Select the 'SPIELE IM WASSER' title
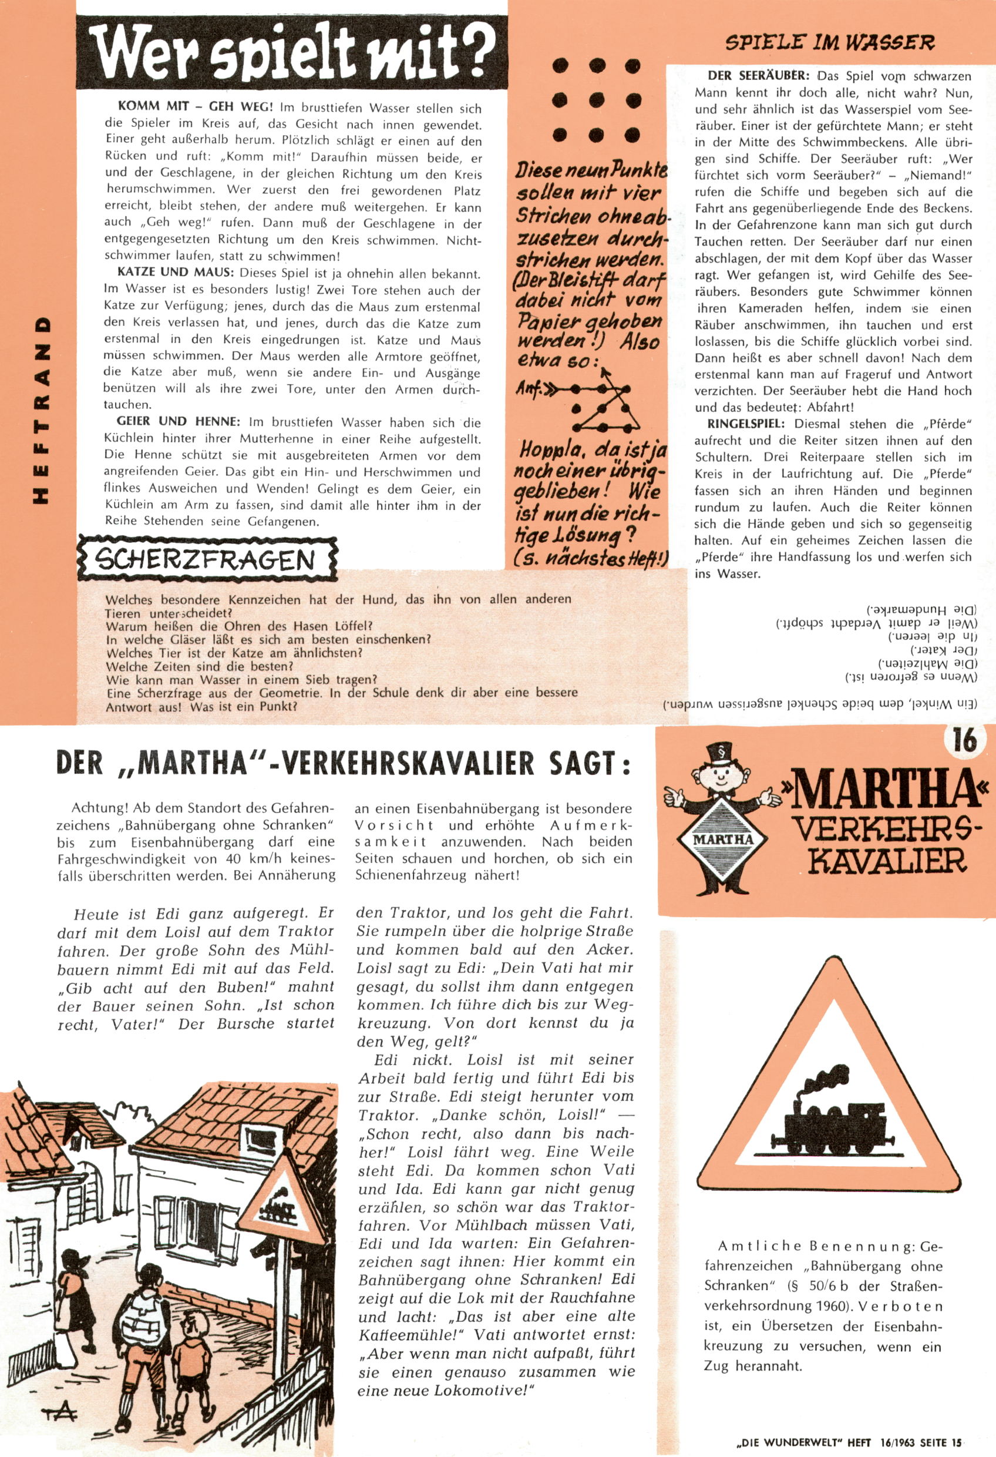pyautogui.click(x=829, y=43)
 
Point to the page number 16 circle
pyautogui.click(x=965, y=740)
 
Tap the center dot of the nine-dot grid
pyautogui.click(x=596, y=99)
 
